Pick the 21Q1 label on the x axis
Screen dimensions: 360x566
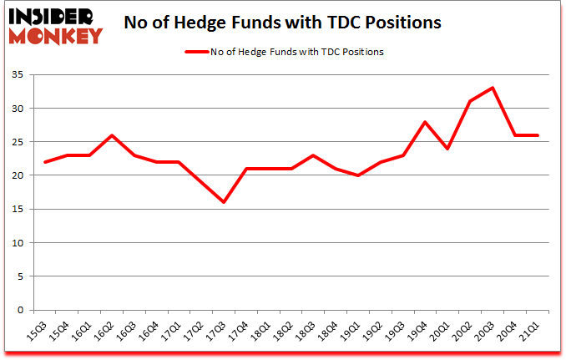[x=528, y=330]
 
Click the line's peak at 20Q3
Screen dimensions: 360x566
[x=493, y=88]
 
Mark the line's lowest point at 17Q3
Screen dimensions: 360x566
[x=224, y=202]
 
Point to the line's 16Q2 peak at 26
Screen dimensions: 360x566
[x=112, y=135]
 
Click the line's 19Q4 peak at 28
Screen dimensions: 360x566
[x=426, y=122]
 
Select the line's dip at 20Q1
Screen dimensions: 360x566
[x=448, y=149]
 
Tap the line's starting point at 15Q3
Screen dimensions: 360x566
[x=45, y=162]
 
